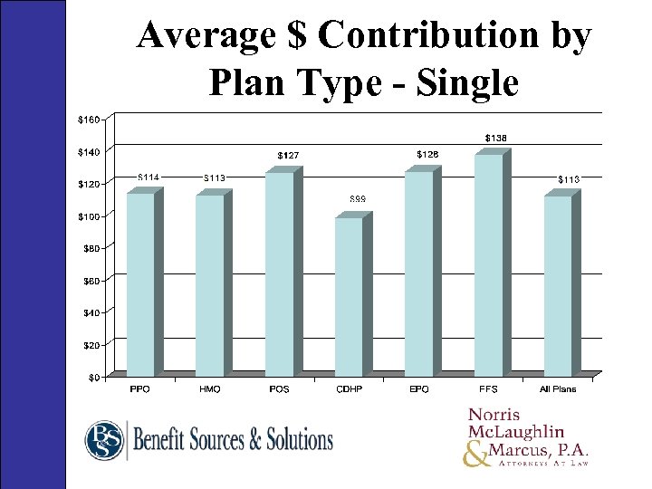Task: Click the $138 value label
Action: coord(495,138)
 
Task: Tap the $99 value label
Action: coord(358,198)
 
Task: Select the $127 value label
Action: coord(288,156)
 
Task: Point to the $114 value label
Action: coord(149,176)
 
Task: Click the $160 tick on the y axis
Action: coord(89,119)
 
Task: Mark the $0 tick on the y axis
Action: coord(94,378)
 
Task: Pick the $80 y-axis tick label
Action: coord(91,247)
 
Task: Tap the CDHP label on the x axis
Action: coord(349,389)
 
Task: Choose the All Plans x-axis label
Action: coord(558,389)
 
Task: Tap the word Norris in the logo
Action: coord(496,415)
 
